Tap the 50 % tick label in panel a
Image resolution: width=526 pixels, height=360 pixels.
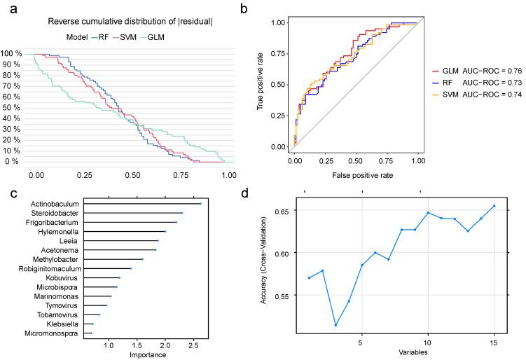coord(13,108)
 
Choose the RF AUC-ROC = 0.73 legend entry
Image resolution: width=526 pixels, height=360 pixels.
coord(480,82)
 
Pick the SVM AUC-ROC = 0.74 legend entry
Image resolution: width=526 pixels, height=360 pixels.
coord(480,94)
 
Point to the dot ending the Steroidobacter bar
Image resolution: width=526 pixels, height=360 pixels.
coord(182,213)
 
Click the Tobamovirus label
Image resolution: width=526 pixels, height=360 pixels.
coord(61,315)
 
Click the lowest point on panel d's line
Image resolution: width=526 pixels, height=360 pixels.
coord(335,324)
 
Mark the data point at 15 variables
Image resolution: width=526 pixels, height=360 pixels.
coord(494,206)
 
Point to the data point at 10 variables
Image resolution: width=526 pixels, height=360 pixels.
coord(428,212)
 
